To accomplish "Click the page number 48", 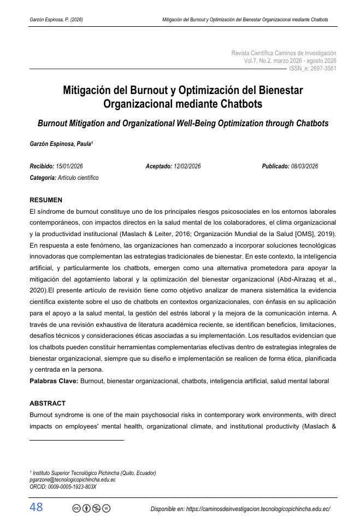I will (36, 507).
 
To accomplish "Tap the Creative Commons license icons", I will (91, 508).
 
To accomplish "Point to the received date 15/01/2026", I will (69, 166).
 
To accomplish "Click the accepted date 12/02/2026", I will (187, 166).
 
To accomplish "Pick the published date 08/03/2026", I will (304, 166).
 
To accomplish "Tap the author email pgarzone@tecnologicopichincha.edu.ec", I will (72, 479).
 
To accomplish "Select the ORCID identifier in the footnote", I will (63, 486).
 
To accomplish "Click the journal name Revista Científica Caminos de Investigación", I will (284, 53).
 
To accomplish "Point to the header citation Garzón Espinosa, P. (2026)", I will (56, 20).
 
